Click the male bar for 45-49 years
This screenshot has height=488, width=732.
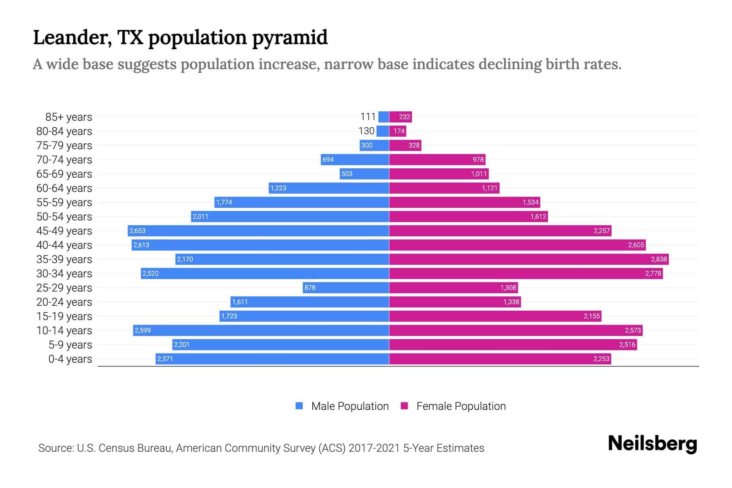[x=258, y=231]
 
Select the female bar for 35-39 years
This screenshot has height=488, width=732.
[x=529, y=259]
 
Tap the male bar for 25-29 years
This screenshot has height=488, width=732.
[x=346, y=288]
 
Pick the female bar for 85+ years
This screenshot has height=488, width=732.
[x=401, y=117]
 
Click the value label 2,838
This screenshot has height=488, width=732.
[x=659, y=259]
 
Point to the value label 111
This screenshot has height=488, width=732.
[x=368, y=117]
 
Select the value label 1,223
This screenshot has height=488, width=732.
[x=278, y=188]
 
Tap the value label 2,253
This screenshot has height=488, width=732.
[x=601, y=359]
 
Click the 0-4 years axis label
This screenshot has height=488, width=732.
[x=70, y=359]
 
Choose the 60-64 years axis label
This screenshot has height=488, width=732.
[x=64, y=188]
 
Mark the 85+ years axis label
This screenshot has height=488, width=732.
[x=69, y=117]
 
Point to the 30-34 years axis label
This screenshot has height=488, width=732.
[x=64, y=274]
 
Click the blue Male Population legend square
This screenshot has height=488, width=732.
[x=299, y=406]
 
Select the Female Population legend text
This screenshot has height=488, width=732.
[x=461, y=406]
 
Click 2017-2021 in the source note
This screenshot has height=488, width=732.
[x=374, y=448]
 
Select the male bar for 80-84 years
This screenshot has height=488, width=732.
[x=383, y=131]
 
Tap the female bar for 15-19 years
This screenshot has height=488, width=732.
[x=495, y=316]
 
